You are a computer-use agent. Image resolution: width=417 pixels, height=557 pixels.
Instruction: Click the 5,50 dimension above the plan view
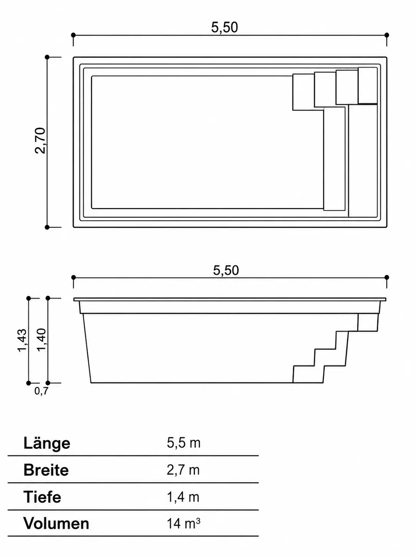point(225,27)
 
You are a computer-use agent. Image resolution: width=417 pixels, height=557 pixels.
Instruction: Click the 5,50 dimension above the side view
point(226,270)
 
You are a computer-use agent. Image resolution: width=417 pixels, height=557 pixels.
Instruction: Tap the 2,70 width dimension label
point(40,140)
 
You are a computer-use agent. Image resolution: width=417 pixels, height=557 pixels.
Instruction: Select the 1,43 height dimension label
point(22,340)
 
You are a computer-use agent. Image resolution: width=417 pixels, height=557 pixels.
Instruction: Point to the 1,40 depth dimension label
point(41,340)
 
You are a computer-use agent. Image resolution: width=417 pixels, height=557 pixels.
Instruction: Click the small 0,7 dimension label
point(41,391)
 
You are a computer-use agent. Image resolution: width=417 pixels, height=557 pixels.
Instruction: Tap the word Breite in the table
point(46,470)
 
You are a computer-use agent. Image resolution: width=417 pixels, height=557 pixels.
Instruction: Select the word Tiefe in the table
point(42,497)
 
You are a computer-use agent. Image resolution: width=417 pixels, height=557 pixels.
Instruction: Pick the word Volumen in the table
point(56,523)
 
